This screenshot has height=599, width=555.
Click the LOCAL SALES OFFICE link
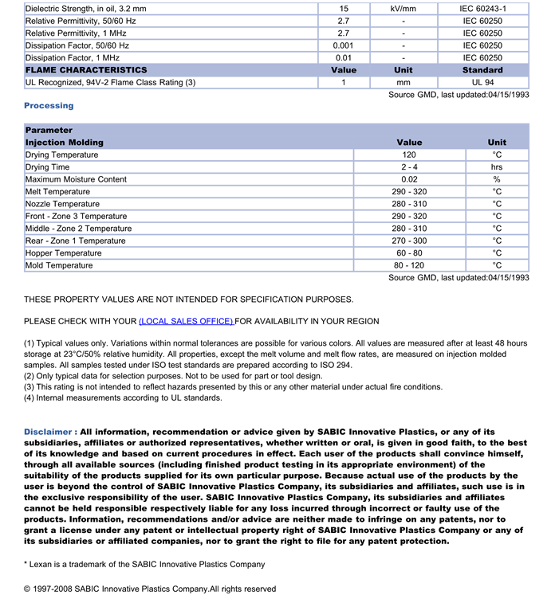(x=186, y=321)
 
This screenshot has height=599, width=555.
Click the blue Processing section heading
(x=49, y=105)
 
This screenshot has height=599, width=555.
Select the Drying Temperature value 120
(x=409, y=155)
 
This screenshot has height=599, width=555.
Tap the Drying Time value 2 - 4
(x=409, y=167)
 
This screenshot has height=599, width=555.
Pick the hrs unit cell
(x=497, y=167)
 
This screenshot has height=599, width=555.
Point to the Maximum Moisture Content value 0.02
(x=409, y=179)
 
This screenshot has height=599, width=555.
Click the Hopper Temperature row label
(x=64, y=253)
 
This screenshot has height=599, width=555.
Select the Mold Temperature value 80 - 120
(x=409, y=265)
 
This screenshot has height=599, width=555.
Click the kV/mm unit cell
(x=403, y=9)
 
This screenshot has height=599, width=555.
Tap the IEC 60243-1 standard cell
(x=482, y=9)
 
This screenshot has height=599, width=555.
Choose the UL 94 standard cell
(x=482, y=82)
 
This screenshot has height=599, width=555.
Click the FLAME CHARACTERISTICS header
(x=86, y=70)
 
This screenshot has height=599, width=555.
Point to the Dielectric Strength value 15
(x=344, y=9)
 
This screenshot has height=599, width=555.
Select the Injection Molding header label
(x=65, y=143)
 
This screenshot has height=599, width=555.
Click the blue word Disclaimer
(x=50, y=432)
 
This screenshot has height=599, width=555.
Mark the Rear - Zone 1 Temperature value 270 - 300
(x=409, y=241)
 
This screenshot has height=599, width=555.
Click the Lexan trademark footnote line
(x=144, y=565)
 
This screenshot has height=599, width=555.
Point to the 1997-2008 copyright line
(x=150, y=589)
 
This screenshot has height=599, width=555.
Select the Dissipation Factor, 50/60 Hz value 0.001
(x=344, y=45)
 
